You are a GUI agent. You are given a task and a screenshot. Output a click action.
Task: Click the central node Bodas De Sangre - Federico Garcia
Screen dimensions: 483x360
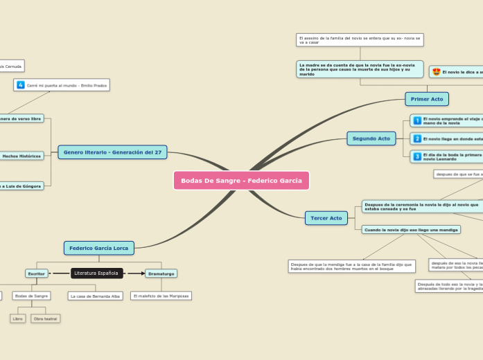click(x=241, y=181)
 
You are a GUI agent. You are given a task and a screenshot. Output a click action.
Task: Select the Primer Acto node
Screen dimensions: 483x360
click(x=427, y=99)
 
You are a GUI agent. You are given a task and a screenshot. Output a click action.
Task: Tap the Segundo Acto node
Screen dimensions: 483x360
click(x=371, y=138)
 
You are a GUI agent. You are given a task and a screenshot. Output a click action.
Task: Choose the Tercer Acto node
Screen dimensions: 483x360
click(x=326, y=218)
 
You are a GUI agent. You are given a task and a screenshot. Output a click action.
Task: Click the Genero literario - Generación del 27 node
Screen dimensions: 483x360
click(x=112, y=152)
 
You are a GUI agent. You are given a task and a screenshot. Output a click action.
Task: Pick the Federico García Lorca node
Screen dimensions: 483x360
click(x=99, y=248)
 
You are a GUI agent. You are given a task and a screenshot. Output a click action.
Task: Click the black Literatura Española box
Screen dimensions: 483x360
click(x=96, y=273)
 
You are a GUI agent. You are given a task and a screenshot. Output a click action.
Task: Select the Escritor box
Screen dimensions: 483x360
click(x=36, y=273)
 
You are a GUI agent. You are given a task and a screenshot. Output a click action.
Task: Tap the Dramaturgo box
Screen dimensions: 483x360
click(x=161, y=273)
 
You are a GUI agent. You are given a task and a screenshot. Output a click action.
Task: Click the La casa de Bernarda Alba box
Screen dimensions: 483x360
click(x=96, y=296)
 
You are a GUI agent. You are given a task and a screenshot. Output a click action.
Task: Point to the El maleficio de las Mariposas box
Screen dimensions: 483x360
click(x=161, y=296)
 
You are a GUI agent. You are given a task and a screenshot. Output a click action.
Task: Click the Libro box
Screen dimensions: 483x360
click(x=18, y=318)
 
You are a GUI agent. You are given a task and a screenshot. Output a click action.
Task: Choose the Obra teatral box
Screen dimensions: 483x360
click(x=46, y=318)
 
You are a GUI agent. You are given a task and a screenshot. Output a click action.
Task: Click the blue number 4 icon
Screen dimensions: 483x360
click(x=21, y=84)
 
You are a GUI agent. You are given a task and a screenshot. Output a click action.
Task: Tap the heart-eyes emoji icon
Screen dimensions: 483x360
click(x=435, y=72)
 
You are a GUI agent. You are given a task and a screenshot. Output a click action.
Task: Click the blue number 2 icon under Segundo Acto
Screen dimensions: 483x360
click(x=417, y=139)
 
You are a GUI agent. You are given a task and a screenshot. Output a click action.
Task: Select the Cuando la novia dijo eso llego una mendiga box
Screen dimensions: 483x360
click(x=411, y=229)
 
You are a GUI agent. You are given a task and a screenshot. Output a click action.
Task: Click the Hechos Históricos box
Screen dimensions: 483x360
click(x=21, y=156)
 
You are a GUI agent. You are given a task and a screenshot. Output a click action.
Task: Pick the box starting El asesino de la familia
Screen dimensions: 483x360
click(x=360, y=39)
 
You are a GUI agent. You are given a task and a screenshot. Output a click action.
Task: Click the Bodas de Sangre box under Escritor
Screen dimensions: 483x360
click(x=31, y=296)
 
